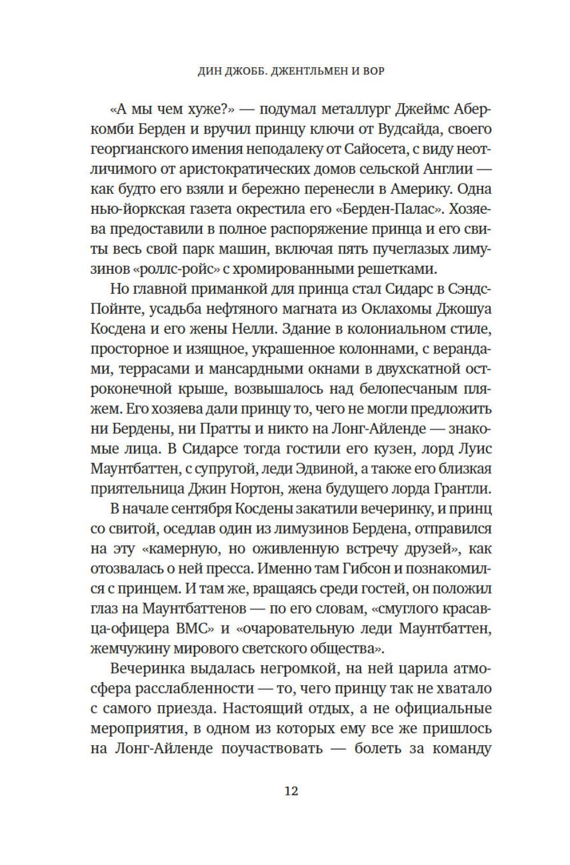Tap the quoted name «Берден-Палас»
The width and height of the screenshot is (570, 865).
coord(389,210)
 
